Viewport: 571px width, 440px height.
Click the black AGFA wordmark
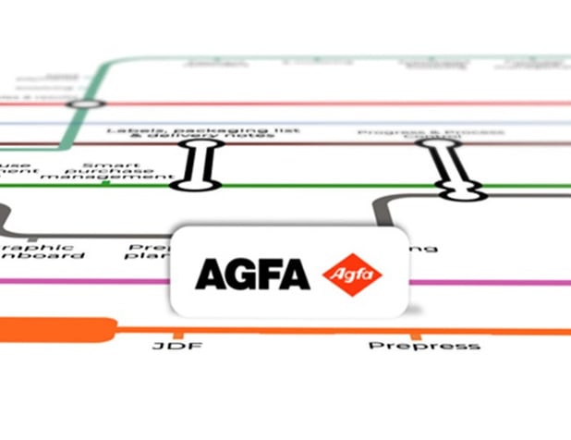click(x=250, y=275)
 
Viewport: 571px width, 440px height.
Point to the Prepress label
click(x=424, y=346)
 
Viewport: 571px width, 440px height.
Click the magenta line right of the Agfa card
click(x=490, y=282)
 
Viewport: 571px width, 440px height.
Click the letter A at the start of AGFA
click(x=207, y=275)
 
